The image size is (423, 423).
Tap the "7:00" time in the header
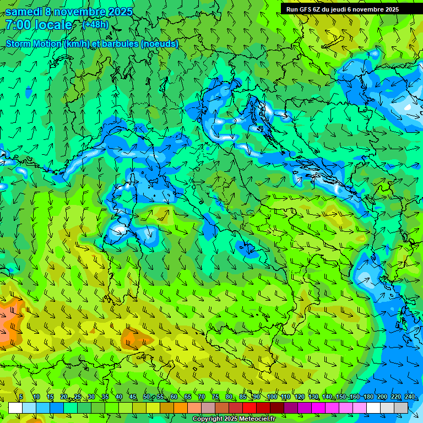pyautogui.click(x=18, y=25)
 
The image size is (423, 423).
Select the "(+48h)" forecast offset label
pyautogui.click(x=95, y=25)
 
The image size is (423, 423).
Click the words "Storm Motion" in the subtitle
pyautogui.click(x=33, y=44)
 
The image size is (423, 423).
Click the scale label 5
pyautogui.click(x=21, y=397)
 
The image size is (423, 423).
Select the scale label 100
pyautogui.click(x=272, y=397)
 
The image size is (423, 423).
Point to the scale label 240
pyautogui.click(x=409, y=397)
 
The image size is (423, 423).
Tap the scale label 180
pyautogui.click(x=368, y=397)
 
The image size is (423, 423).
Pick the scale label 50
pyautogui.click(x=147, y=397)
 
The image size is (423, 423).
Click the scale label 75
pyautogui.click(x=215, y=397)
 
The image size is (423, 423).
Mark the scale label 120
pyautogui.click(x=299, y=397)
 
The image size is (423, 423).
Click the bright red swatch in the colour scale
pyautogui.click(x=250, y=408)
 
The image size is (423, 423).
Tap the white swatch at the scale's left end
pyautogui.click(x=15, y=408)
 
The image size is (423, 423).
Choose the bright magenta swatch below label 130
pyautogui.click(x=318, y=408)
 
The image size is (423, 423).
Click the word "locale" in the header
pyautogui.click(x=53, y=25)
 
